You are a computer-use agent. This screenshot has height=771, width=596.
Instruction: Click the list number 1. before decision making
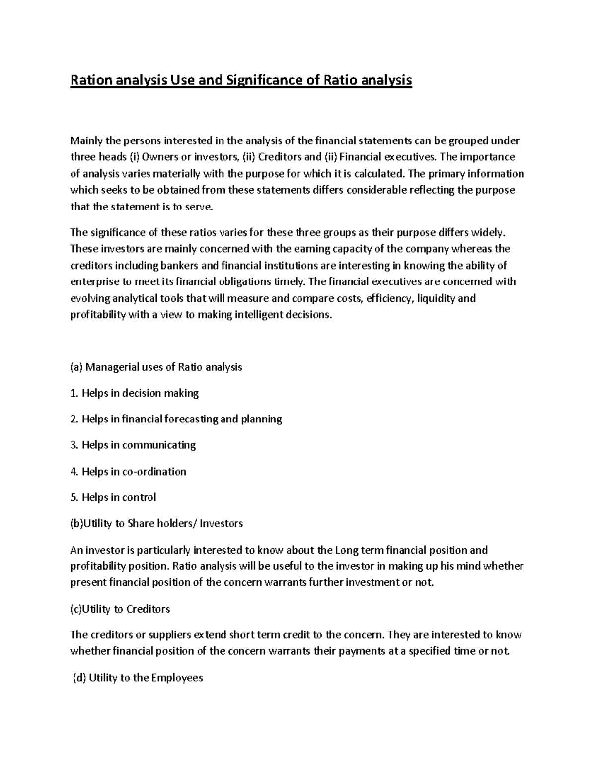[74, 393]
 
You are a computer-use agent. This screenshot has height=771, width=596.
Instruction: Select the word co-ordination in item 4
[154, 471]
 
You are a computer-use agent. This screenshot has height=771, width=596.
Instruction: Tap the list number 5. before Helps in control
[74, 497]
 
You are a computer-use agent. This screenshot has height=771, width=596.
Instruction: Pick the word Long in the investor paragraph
[346, 550]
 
